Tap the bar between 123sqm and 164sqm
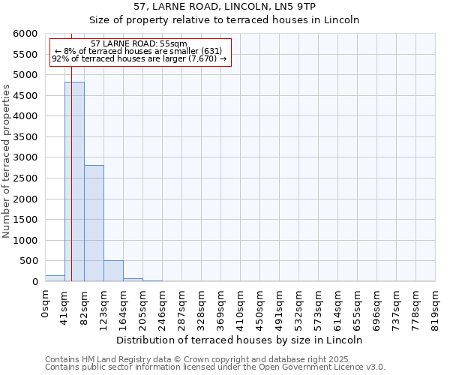pos(113,271)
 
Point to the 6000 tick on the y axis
pos(25,34)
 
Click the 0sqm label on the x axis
pos(45,304)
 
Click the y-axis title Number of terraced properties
pos(7,161)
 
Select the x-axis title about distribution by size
pos(240,340)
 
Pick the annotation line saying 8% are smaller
pos(138,51)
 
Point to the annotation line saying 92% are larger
pos(139,58)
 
